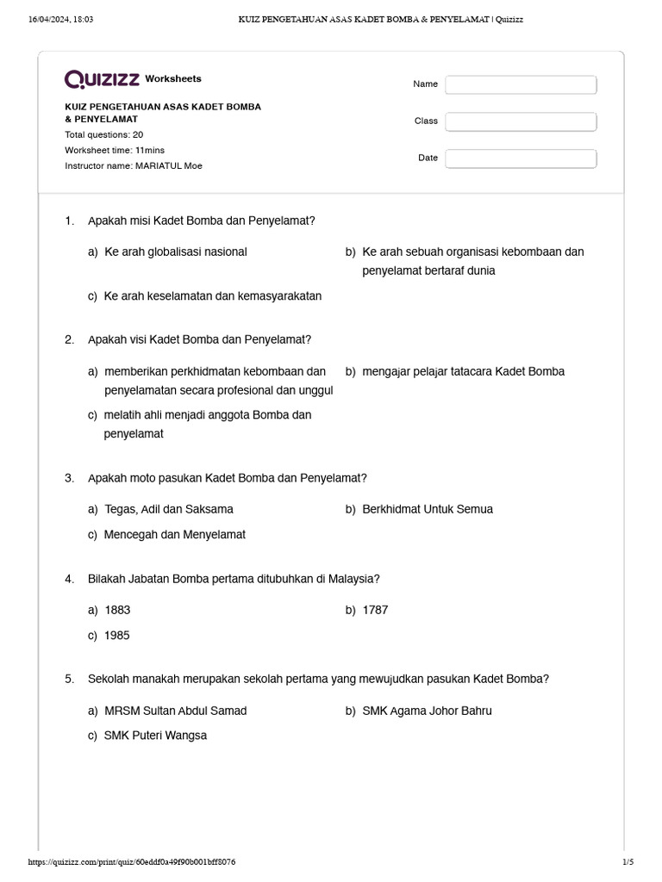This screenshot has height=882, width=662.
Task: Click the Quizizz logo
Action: (102, 79)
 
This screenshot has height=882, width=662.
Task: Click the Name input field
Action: (521, 84)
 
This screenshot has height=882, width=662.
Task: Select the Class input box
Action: (521, 121)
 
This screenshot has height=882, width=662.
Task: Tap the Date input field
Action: (521, 158)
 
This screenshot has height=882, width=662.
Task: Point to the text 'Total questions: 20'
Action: (104, 135)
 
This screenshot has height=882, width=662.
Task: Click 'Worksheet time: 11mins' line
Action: (115, 150)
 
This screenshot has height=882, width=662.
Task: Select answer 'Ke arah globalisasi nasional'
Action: (175, 252)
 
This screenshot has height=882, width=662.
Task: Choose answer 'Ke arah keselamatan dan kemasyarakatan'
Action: (212, 296)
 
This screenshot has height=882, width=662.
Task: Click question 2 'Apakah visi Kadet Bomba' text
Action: (199, 339)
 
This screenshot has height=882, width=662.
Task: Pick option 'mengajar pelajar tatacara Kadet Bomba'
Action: (463, 371)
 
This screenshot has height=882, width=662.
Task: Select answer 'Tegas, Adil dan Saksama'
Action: (168, 509)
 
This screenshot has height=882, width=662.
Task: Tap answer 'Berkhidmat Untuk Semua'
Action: (428, 509)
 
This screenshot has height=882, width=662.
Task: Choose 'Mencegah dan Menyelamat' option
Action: (174, 535)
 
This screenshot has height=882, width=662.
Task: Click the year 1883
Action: (117, 610)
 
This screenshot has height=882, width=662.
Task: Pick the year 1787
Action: (375, 610)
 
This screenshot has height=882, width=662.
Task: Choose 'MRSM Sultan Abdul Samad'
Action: (175, 711)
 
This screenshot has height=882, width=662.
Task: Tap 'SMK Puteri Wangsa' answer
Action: (155, 736)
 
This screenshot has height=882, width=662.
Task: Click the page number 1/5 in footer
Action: (628, 862)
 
